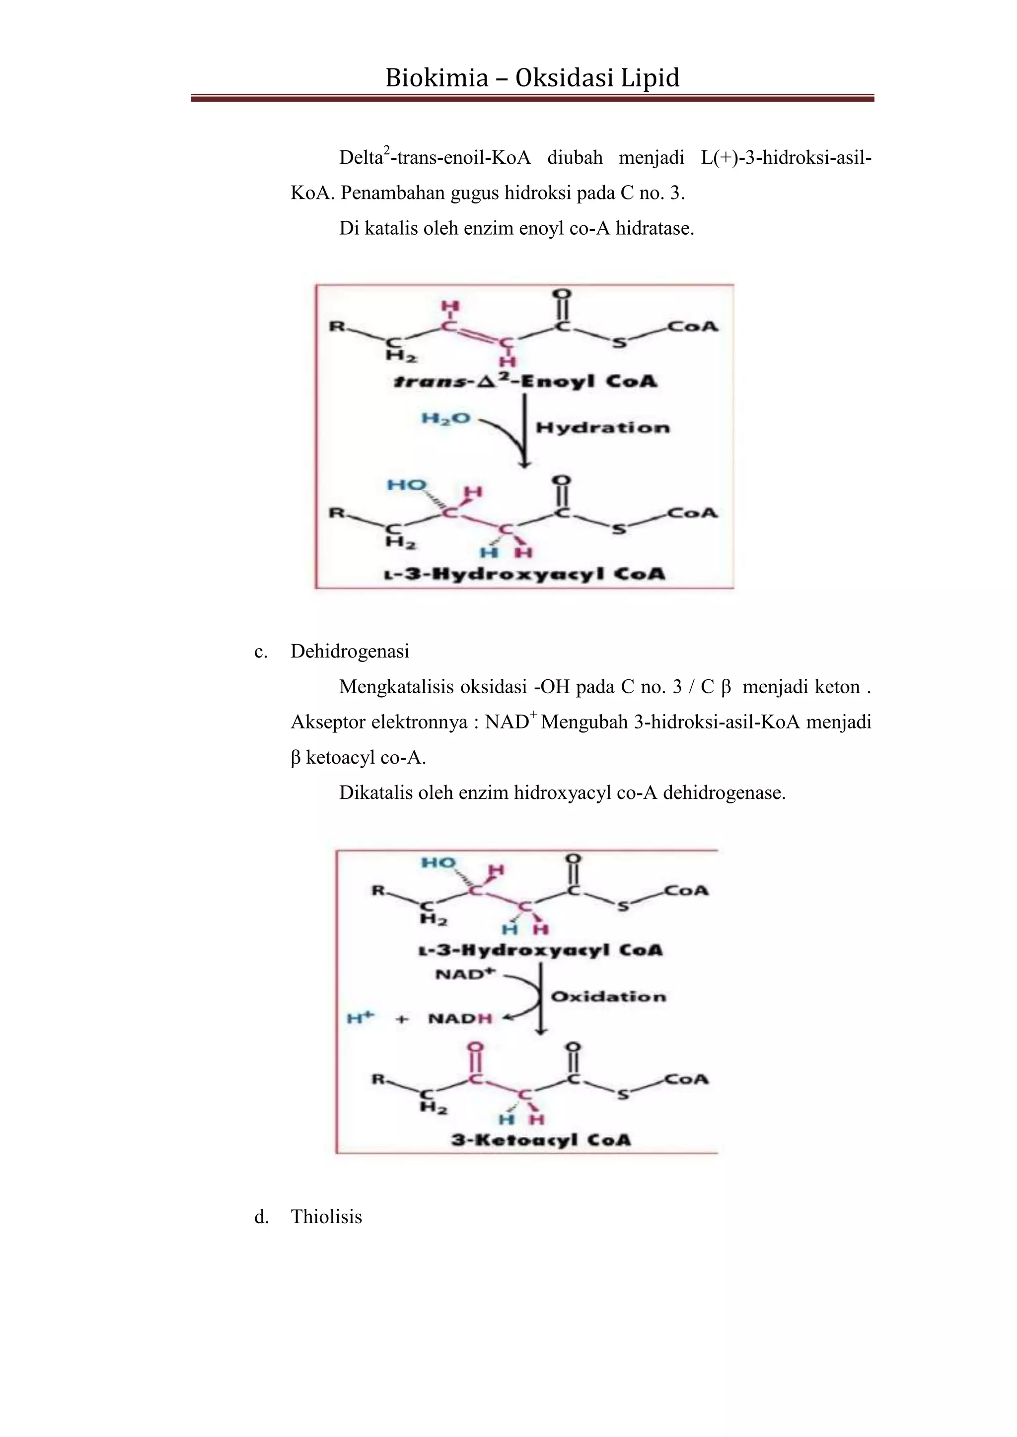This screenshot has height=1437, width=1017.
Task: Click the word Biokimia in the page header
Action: (436, 77)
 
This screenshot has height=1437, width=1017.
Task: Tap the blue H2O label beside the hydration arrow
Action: (445, 418)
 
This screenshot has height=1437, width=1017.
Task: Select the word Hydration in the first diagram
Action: (602, 428)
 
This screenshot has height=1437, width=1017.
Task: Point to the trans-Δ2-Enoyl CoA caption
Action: (525, 382)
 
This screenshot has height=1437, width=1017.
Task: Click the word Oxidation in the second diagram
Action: (608, 996)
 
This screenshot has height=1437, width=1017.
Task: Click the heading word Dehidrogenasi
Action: (350, 652)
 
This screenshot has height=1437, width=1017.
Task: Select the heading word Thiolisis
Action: (326, 1217)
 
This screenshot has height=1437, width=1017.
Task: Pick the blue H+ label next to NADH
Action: (360, 1018)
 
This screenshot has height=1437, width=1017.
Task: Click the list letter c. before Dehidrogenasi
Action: (261, 652)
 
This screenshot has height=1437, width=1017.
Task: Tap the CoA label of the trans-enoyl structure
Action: (693, 327)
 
